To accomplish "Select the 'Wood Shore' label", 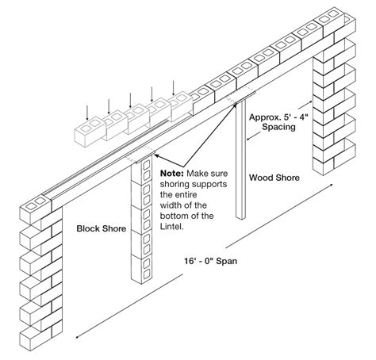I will tap(273, 178).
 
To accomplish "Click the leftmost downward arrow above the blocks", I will tap(88, 109).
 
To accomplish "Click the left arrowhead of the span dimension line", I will tap(77, 335).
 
